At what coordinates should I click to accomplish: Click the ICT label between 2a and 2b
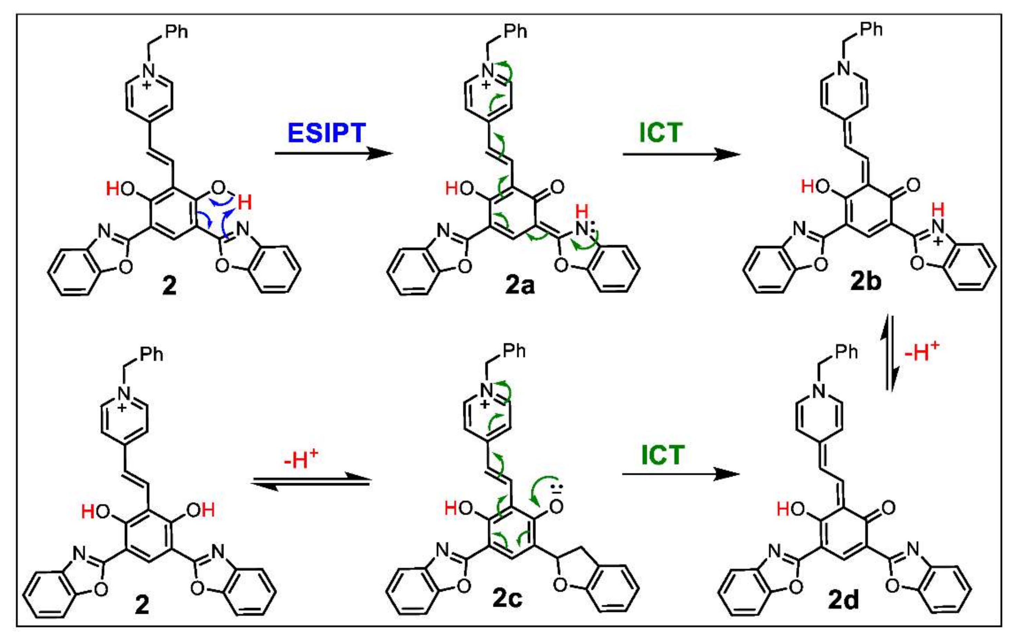pyautogui.click(x=660, y=133)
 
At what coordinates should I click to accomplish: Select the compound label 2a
pyautogui.click(x=519, y=285)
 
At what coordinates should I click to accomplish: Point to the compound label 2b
pyautogui.click(x=866, y=282)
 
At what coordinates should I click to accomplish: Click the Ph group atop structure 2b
pyautogui.click(x=871, y=30)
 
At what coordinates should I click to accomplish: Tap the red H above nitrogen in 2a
pyautogui.click(x=582, y=211)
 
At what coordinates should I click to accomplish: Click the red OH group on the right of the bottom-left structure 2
pyautogui.click(x=201, y=510)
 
